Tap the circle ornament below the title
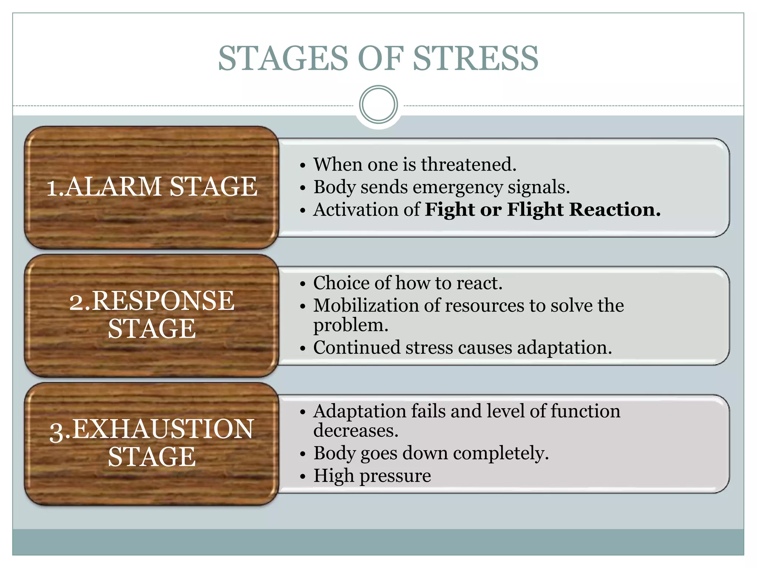(378, 104)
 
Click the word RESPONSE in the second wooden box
(163, 300)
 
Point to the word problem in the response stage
(350, 326)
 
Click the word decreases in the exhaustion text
(356, 431)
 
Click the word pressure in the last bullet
(395, 476)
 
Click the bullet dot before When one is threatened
(303, 166)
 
